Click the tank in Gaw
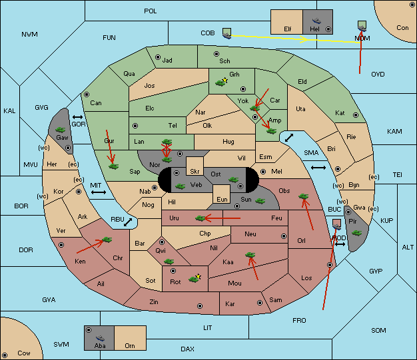tap(61, 130)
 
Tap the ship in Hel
tap(316, 21)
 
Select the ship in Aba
tap(100, 337)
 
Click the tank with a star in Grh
tap(221, 83)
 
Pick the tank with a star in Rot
tap(195, 279)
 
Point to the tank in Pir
tap(356, 233)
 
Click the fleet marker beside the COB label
tap(227, 33)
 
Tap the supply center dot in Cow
tap(5, 355)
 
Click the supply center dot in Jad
tap(158, 57)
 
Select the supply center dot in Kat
tap(356, 115)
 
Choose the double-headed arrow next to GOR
tap(78, 117)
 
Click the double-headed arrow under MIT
tap(99, 192)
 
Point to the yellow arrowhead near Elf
tap(304, 39)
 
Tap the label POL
tap(151, 11)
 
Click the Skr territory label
tap(195, 172)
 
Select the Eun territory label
tap(222, 199)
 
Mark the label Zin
tap(154, 302)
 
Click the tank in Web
tap(181, 186)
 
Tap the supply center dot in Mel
tap(263, 172)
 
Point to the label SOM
tap(378, 330)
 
